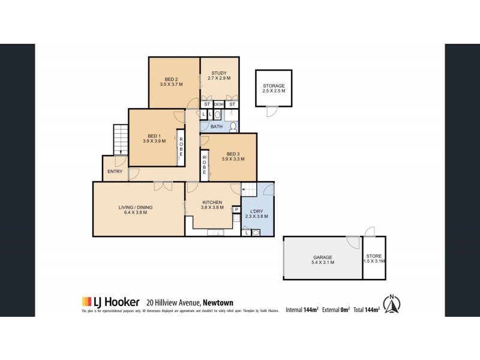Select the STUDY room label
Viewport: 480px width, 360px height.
click(219, 73)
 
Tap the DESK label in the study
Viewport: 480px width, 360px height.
click(219, 104)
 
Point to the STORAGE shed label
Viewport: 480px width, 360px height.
click(274, 86)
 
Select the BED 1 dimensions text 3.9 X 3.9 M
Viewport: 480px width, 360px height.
click(154, 142)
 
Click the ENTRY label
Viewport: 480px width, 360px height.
click(115, 172)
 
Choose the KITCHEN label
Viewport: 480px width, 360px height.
click(212, 202)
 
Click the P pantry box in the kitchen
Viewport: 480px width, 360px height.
click(236, 209)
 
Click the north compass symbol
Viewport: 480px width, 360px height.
click(392, 304)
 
